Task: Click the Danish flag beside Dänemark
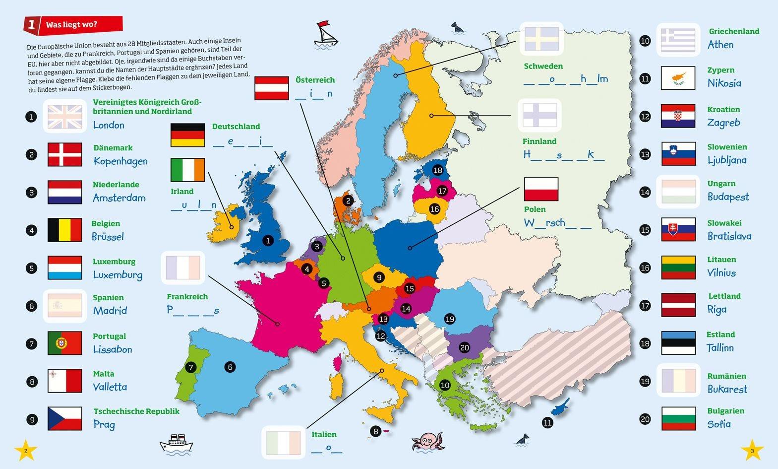coord(65,154)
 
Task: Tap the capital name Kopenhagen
coord(120,161)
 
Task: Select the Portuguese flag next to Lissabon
coord(65,343)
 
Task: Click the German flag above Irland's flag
coord(187,135)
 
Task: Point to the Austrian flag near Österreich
coord(272,88)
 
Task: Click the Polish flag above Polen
coord(541,189)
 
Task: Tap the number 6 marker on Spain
coord(230,367)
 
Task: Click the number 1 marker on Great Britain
coord(268,241)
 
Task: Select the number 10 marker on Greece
coord(445,385)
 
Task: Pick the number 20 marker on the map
coord(465,347)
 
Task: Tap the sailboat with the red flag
coord(325,35)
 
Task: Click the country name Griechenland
coord(733,31)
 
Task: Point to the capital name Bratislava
coord(729,236)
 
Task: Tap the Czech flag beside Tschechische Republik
coord(65,418)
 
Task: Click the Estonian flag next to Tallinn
coord(678,343)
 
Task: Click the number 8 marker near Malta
coord(376,431)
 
